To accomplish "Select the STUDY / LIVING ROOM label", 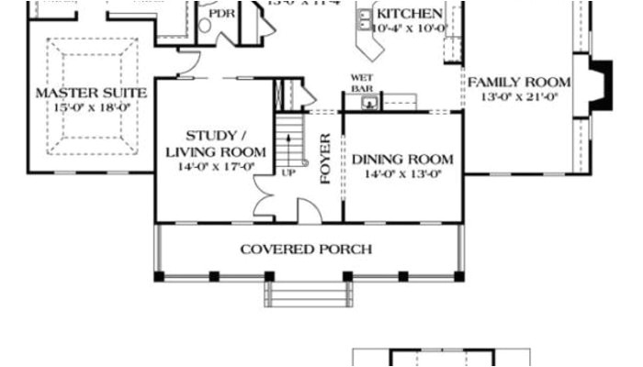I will pos(215,144).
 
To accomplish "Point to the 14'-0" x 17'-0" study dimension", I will pos(215,166).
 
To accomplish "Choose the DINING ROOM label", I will pos(402,159).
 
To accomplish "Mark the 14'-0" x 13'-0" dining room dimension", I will pos(402,172).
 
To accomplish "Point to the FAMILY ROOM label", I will pos(519,82).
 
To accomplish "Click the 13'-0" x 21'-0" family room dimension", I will pos(519,95).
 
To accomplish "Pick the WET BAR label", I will pos(362,83).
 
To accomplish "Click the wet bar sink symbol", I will pos(369,103).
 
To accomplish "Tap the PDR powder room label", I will pos(221,15).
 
